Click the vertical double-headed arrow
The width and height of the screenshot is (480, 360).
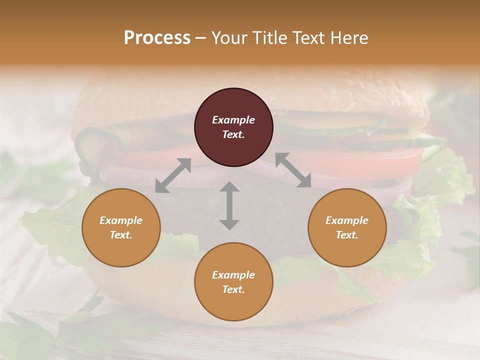tap(229, 205)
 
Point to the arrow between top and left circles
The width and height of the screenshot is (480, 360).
tap(173, 175)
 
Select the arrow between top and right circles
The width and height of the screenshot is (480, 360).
tap(293, 170)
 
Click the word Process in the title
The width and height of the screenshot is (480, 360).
tap(157, 38)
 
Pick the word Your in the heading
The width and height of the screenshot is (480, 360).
tap(228, 38)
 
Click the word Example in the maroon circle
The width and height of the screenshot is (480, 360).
tap(233, 120)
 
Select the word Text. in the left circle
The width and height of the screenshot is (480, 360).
tap(121, 235)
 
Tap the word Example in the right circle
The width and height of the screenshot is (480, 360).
tap(347, 220)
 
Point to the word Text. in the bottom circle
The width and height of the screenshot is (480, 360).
tap(233, 289)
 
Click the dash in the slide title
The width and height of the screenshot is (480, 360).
tap(201, 38)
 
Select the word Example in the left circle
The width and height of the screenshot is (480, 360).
tap(121, 220)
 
